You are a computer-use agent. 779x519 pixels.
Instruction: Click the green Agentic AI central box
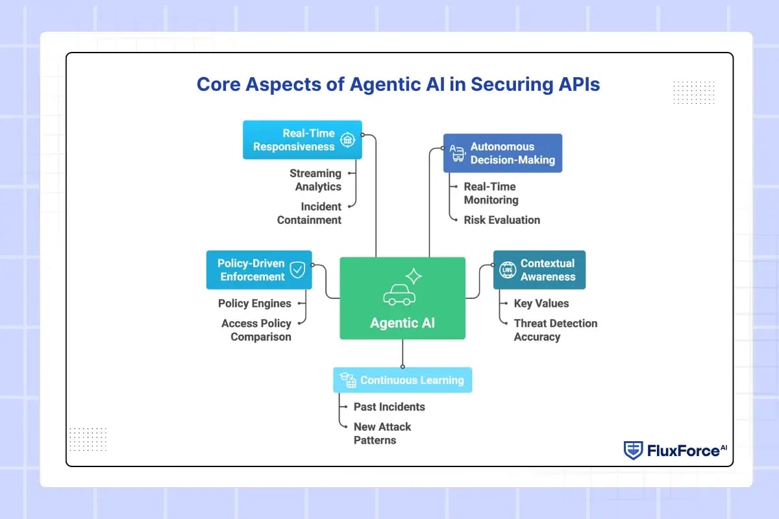(402, 298)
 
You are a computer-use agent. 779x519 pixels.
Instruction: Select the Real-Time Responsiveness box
(302, 139)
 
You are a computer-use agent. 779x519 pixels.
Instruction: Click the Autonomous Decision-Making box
(502, 153)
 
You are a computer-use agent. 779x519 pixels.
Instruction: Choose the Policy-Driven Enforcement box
(258, 270)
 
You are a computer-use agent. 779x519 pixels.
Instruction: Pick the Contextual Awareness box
(539, 270)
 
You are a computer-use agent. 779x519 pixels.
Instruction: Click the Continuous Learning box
(402, 380)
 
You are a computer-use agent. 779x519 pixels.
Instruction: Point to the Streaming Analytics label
(315, 180)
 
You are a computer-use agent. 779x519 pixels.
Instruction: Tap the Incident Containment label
(310, 213)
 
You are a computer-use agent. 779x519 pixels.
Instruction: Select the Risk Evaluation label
(502, 220)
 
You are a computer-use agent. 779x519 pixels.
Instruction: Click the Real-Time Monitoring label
(491, 193)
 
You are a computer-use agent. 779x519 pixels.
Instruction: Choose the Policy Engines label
(254, 303)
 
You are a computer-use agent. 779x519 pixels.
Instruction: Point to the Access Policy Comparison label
(257, 330)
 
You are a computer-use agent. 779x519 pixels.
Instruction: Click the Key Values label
(541, 303)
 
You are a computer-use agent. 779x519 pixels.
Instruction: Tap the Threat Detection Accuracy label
(555, 330)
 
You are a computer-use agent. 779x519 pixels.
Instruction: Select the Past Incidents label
(389, 407)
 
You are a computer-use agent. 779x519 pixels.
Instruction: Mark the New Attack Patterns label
(382, 433)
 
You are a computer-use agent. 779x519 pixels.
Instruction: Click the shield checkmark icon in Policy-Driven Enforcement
(297, 270)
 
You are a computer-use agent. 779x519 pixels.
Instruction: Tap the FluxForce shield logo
(633, 450)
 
